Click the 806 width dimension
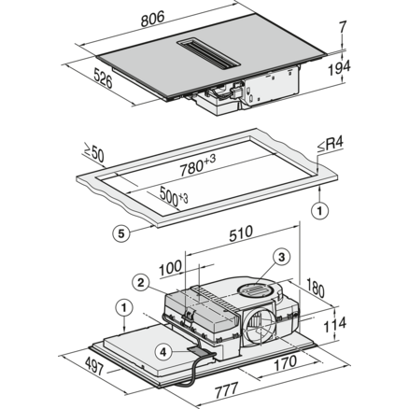(152, 19)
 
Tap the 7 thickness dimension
(343, 27)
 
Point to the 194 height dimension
(339, 68)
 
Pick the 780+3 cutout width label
(197, 165)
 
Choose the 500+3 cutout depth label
(174, 196)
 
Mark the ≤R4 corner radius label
(330, 145)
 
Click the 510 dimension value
(241, 233)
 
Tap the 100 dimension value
(170, 268)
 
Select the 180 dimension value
(315, 289)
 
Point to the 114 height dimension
(334, 325)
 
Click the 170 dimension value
(286, 363)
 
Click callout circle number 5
(121, 233)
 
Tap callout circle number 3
(281, 257)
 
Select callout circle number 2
(141, 283)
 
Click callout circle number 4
(163, 352)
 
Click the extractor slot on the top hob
(208, 53)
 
